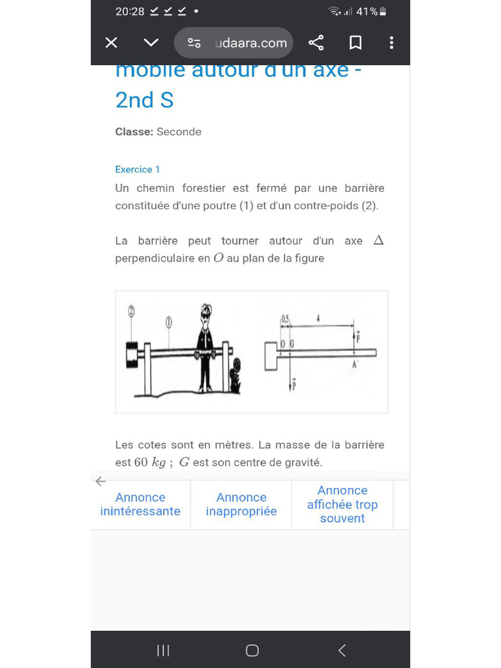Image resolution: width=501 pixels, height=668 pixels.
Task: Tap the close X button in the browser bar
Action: [x=112, y=43]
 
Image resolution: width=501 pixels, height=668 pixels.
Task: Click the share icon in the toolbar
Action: [x=316, y=43]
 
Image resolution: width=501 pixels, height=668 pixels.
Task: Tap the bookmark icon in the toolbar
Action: [x=356, y=43]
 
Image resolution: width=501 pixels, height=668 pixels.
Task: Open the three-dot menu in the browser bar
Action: [x=391, y=43]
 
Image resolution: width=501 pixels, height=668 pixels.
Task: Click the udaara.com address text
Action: [x=250, y=43]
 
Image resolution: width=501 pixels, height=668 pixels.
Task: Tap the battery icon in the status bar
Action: [x=383, y=11]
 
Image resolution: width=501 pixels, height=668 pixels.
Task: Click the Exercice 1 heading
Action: [x=138, y=170]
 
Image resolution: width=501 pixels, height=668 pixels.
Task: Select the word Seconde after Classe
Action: [x=179, y=132]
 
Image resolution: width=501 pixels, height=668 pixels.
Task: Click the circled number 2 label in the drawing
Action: [x=132, y=311]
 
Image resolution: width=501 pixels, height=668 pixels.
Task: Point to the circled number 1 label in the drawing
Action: [x=169, y=321]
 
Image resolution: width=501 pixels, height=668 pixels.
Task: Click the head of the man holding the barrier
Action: [x=206, y=313]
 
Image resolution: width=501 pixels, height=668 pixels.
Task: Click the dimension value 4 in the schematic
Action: [x=318, y=318]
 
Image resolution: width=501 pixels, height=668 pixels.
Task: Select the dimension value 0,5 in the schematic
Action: [x=284, y=318]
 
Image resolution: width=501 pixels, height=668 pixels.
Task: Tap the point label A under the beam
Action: [x=355, y=365]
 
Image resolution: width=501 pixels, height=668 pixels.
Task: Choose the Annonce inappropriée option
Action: [x=241, y=504]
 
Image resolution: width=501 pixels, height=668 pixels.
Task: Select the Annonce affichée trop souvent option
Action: [x=342, y=504]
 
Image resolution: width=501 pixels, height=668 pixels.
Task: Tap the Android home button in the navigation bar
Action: [x=252, y=650]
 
